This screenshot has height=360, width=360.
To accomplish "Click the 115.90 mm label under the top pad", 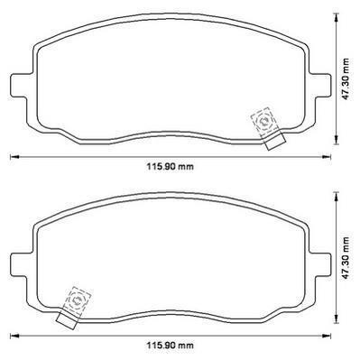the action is pos(171,166).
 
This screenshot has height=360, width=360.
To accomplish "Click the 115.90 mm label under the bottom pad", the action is pos(171,345).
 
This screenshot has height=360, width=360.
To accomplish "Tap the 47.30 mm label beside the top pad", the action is pos(346,79).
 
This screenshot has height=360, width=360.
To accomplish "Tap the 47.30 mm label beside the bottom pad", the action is pos(346,258).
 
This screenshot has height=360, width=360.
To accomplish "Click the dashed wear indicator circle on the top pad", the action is pos(264,121).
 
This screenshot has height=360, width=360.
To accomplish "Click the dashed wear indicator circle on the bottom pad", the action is pos(78,300).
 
